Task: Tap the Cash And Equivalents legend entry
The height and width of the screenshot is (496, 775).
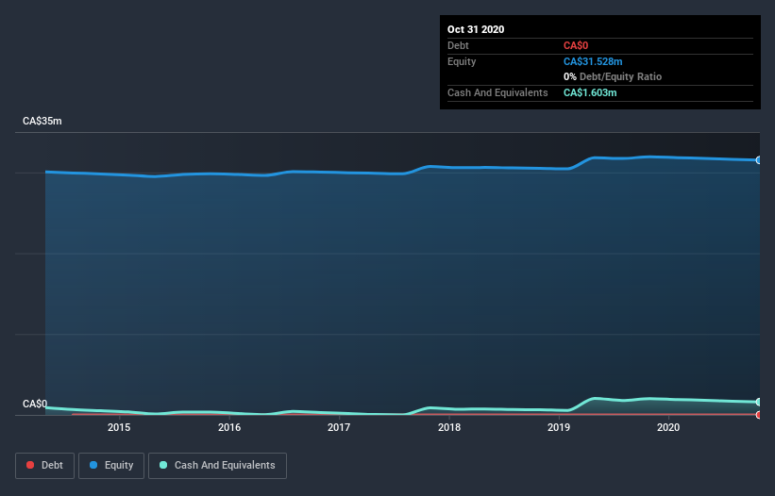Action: point(217,465)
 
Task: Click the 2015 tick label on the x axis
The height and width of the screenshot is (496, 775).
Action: point(119,428)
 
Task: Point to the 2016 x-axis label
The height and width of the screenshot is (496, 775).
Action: point(229,428)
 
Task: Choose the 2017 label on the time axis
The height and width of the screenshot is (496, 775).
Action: point(339,428)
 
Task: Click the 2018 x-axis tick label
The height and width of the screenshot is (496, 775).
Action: point(449,428)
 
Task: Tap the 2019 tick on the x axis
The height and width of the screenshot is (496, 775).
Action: point(559,428)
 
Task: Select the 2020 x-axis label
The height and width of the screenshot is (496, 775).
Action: point(668,428)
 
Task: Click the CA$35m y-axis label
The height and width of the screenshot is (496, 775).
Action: point(42,122)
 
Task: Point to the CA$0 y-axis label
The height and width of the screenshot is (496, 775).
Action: point(35,405)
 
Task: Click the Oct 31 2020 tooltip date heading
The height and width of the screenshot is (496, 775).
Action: point(476,29)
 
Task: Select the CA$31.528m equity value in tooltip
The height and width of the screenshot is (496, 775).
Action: point(593,61)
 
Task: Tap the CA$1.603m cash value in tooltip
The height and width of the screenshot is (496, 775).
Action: point(590,92)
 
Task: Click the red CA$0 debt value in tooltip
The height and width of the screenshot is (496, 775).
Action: point(578,45)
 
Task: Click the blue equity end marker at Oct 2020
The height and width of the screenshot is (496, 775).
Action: point(759,160)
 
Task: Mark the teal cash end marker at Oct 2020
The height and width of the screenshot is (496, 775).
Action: point(759,403)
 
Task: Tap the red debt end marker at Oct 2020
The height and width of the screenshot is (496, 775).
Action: point(759,415)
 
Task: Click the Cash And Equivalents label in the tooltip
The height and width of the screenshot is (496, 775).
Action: point(497,92)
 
